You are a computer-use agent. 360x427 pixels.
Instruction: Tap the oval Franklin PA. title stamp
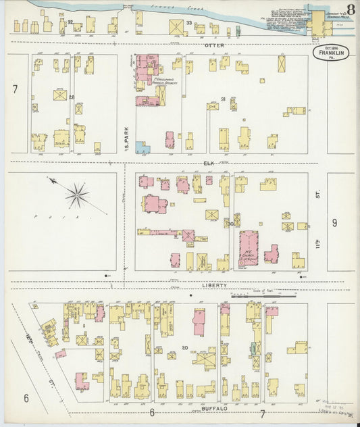(330, 53)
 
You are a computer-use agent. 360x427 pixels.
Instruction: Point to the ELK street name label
(209, 163)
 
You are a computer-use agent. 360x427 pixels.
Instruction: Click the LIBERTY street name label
(211, 286)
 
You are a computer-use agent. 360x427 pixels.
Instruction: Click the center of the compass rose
(78, 196)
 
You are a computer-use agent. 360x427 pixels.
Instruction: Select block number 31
(222, 99)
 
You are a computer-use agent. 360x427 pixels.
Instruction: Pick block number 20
(184, 348)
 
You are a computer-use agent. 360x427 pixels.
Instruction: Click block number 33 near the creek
(189, 23)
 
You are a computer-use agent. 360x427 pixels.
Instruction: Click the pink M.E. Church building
(249, 247)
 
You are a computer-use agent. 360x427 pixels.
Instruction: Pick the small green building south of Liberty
(254, 348)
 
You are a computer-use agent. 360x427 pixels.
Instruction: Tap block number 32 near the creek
(70, 22)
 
